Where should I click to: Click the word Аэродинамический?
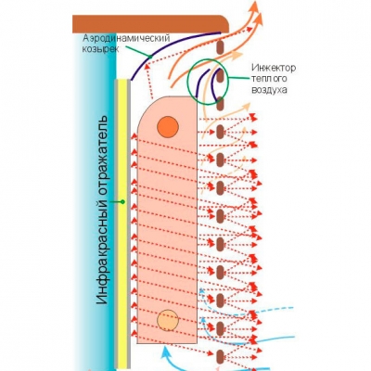click(126, 39)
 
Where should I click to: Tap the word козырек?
click(100, 49)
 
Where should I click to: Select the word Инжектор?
click(274, 68)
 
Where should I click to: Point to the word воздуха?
click(270, 90)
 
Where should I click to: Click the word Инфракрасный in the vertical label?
click(102, 252)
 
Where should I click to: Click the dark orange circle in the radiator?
click(168, 127)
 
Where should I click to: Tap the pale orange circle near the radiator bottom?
click(168, 320)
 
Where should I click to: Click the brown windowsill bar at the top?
click(150, 23)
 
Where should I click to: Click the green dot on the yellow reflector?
click(122, 202)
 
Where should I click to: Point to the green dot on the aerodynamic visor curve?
click(150, 57)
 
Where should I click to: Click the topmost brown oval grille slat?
click(220, 47)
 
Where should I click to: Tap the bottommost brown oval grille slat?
click(220, 356)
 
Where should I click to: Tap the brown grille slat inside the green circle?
click(220, 76)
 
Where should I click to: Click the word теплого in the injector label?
click(269, 79)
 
